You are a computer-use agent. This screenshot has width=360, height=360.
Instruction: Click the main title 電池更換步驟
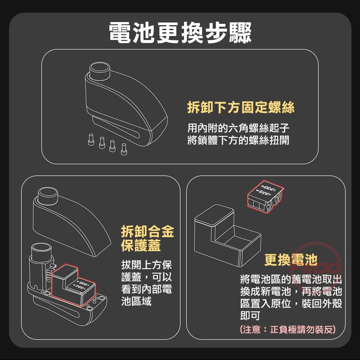coord(180,32)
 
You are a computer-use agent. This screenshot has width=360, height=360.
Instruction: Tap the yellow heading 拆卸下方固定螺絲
coord(241,108)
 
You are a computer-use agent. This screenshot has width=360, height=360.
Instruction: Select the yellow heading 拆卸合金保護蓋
coord(147,238)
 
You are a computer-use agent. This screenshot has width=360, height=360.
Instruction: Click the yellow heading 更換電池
coord(291,260)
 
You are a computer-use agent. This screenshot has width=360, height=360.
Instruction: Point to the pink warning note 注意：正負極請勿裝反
coord(288,329)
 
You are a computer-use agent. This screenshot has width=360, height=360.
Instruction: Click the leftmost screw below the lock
coord(90,140)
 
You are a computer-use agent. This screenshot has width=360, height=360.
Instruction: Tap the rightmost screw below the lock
coord(124,149)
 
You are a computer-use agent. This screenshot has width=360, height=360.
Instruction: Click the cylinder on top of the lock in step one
coord(100,71)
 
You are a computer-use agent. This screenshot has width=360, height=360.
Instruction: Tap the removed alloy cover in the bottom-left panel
coord(72,223)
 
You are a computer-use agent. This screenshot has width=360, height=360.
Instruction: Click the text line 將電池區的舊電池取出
coord(291,279)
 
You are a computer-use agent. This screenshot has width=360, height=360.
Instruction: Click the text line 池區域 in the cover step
coord(136,301)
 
